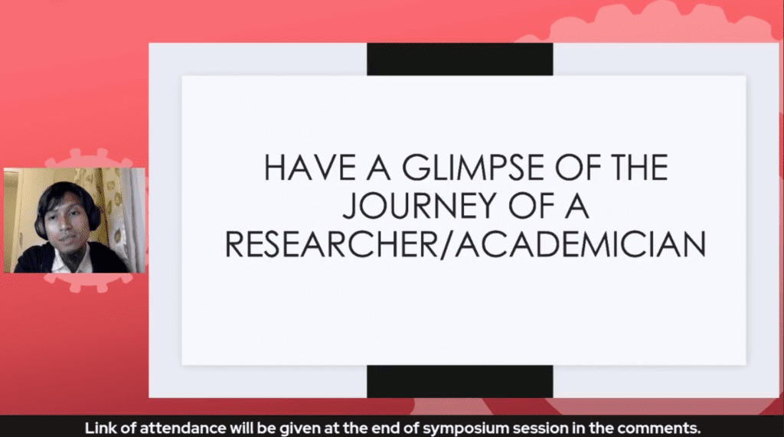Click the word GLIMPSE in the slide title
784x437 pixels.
pyautogui.click(x=472, y=168)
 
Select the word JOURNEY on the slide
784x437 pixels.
pyautogui.click(x=419, y=206)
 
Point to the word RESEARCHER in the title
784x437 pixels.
pyautogui.click(x=332, y=244)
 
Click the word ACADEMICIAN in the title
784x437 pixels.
pyautogui.click(x=580, y=244)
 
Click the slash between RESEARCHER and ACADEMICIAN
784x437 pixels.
pyautogui.click(x=446, y=244)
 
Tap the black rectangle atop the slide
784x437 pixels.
pyautogui.click(x=460, y=59)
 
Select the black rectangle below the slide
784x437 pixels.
pyautogui.click(x=460, y=381)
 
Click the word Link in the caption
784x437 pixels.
pyautogui.click(x=99, y=429)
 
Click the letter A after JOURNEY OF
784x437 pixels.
pyautogui.click(x=577, y=206)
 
